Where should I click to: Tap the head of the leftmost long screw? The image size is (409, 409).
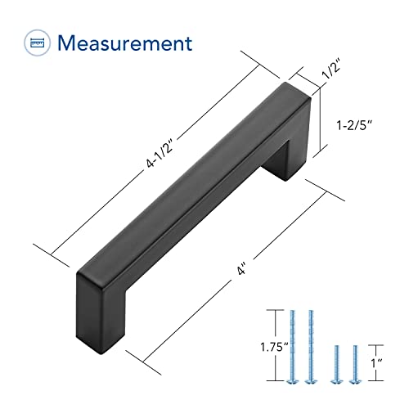click(x=292, y=381)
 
